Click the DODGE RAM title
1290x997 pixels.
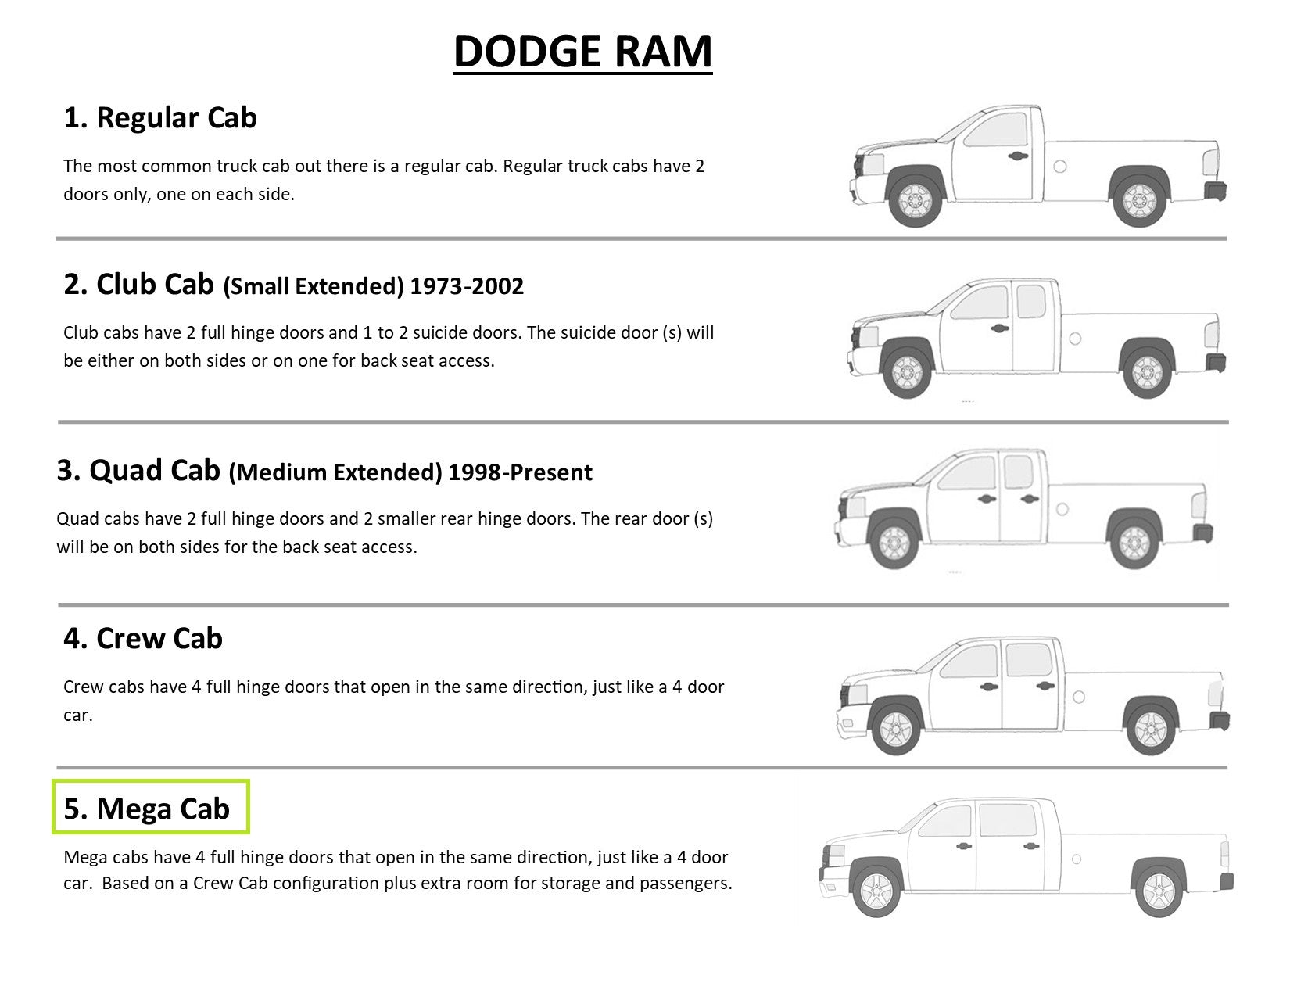point(582,52)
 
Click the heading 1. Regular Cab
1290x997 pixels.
point(160,118)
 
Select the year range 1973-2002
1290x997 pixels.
point(467,286)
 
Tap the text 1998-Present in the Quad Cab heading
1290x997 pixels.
point(521,472)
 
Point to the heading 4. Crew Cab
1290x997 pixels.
point(143,639)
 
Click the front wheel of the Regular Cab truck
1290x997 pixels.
point(915,200)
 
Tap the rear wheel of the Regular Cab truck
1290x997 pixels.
point(1138,200)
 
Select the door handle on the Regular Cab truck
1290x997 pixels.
point(1017,155)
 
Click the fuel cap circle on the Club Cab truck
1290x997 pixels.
point(1075,339)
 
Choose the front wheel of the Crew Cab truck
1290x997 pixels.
point(896,729)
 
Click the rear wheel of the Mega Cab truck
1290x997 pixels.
point(1159,889)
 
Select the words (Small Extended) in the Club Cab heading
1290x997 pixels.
point(313,286)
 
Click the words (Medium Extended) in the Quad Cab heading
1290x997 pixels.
point(335,472)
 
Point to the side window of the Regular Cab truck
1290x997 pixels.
point(996,130)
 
